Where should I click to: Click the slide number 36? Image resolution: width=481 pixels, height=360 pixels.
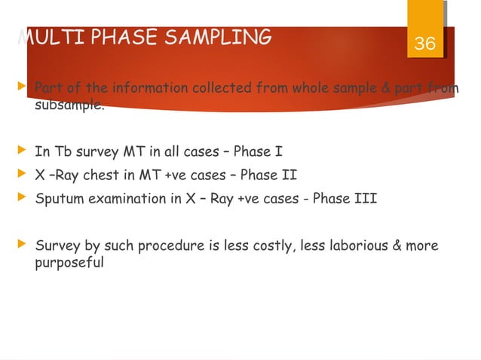click(425, 44)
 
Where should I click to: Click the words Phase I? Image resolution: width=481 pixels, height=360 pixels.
click(259, 152)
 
